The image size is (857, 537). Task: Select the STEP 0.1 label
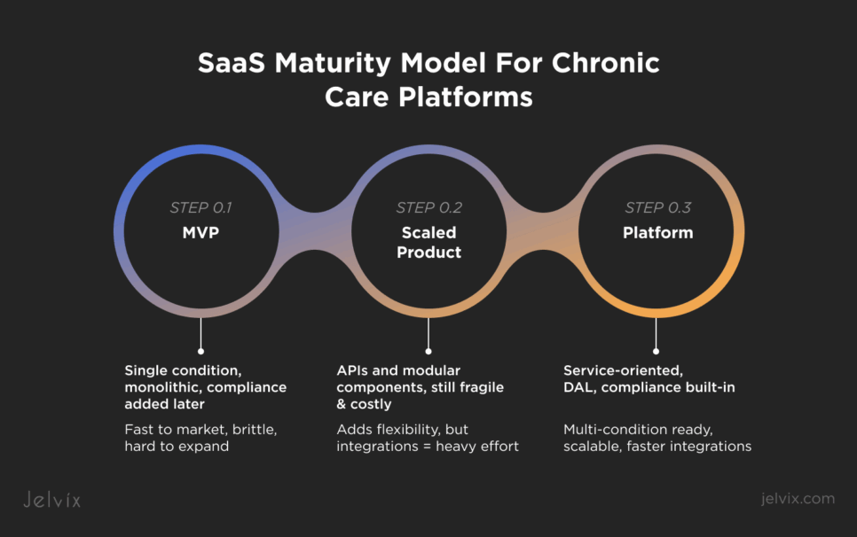click(200, 208)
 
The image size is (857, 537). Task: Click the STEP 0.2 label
click(428, 208)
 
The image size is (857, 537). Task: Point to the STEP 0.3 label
click(657, 208)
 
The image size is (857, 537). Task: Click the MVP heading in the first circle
click(200, 234)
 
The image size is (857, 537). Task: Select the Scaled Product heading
click(428, 243)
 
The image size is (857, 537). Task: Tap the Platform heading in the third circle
click(657, 234)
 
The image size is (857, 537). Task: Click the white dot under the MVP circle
click(200, 351)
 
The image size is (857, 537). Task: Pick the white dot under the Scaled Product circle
click(428, 351)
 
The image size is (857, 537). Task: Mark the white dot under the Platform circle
click(657, 351)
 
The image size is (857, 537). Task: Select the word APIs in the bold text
click(353, 370)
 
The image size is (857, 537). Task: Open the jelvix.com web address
click(798, 499)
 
